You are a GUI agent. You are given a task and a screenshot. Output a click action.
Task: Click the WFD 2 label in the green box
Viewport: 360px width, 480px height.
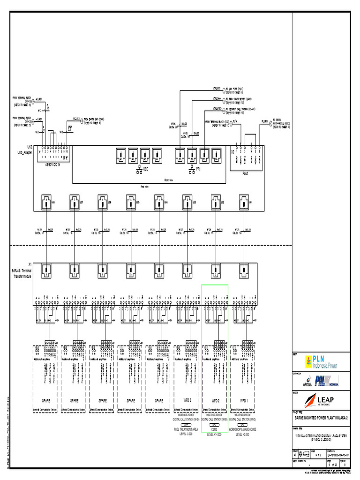click(x=215, y=401)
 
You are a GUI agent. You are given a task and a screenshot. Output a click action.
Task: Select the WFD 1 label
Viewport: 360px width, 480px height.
click(x=243, y=401)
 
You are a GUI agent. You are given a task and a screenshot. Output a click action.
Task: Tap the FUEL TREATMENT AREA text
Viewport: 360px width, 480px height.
click(x=187, y=429)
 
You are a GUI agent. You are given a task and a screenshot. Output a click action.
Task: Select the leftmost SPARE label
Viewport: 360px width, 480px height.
click(x=46, y=401)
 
